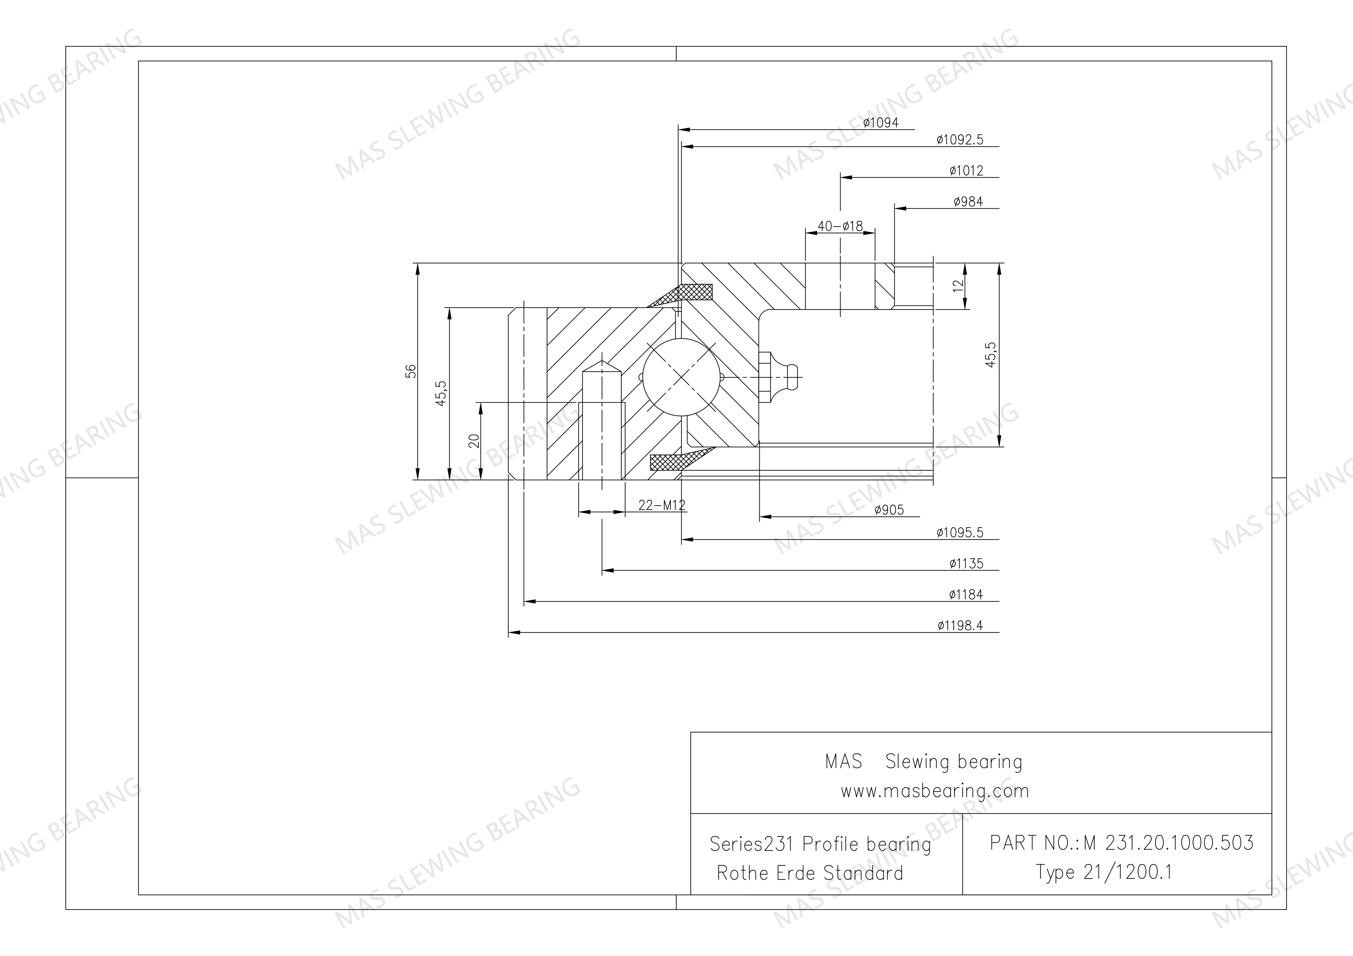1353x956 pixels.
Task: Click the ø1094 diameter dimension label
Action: coord(881,122)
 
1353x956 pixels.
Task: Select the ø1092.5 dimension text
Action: coord(960,140)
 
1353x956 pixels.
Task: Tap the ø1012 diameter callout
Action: coord(966,171)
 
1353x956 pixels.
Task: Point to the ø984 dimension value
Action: coord(968,202)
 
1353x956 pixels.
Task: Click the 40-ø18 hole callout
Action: coord(840,226)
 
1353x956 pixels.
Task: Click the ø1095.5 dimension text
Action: coord(960,533)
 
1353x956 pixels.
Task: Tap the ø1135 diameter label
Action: coord(966,564)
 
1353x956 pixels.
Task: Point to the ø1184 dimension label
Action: coord(966,595)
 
